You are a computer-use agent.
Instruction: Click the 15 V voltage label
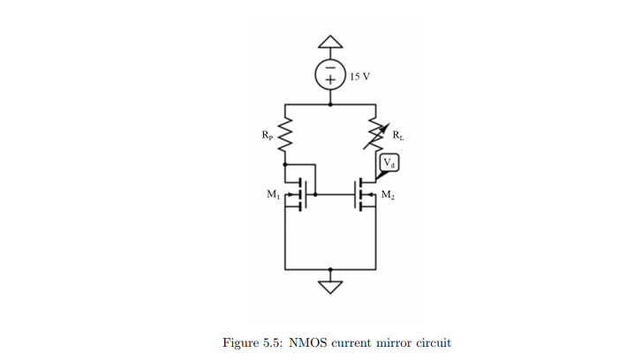click(359, 77)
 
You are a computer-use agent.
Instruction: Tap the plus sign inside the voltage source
click(330, 81)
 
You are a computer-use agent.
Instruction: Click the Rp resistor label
click(268, 136)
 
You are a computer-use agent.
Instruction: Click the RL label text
click(396, 137)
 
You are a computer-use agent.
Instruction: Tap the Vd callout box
click(389, 163)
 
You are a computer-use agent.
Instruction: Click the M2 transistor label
click(389, 193)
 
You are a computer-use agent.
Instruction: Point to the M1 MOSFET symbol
click(304, 193)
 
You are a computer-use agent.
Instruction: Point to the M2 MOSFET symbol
click(364, 193)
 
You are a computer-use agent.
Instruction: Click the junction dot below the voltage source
click(330, 103)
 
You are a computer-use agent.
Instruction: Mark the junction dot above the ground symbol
click(330, 268)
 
